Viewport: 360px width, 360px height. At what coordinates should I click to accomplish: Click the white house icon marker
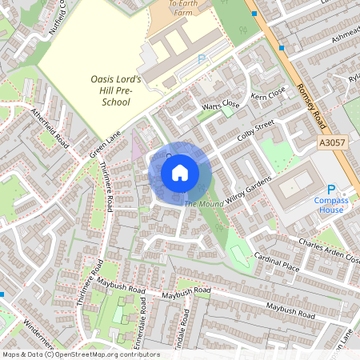click(x=180, y=173)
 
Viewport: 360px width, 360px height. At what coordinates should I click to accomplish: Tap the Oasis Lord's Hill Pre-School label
click(x=114, y=89)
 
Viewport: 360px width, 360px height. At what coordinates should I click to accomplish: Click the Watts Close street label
click(x=221, y=105)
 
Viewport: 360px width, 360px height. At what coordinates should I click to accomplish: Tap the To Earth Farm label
click(x=186, y=7)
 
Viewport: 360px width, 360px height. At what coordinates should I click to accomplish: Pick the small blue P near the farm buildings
click(x=202, y=58)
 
